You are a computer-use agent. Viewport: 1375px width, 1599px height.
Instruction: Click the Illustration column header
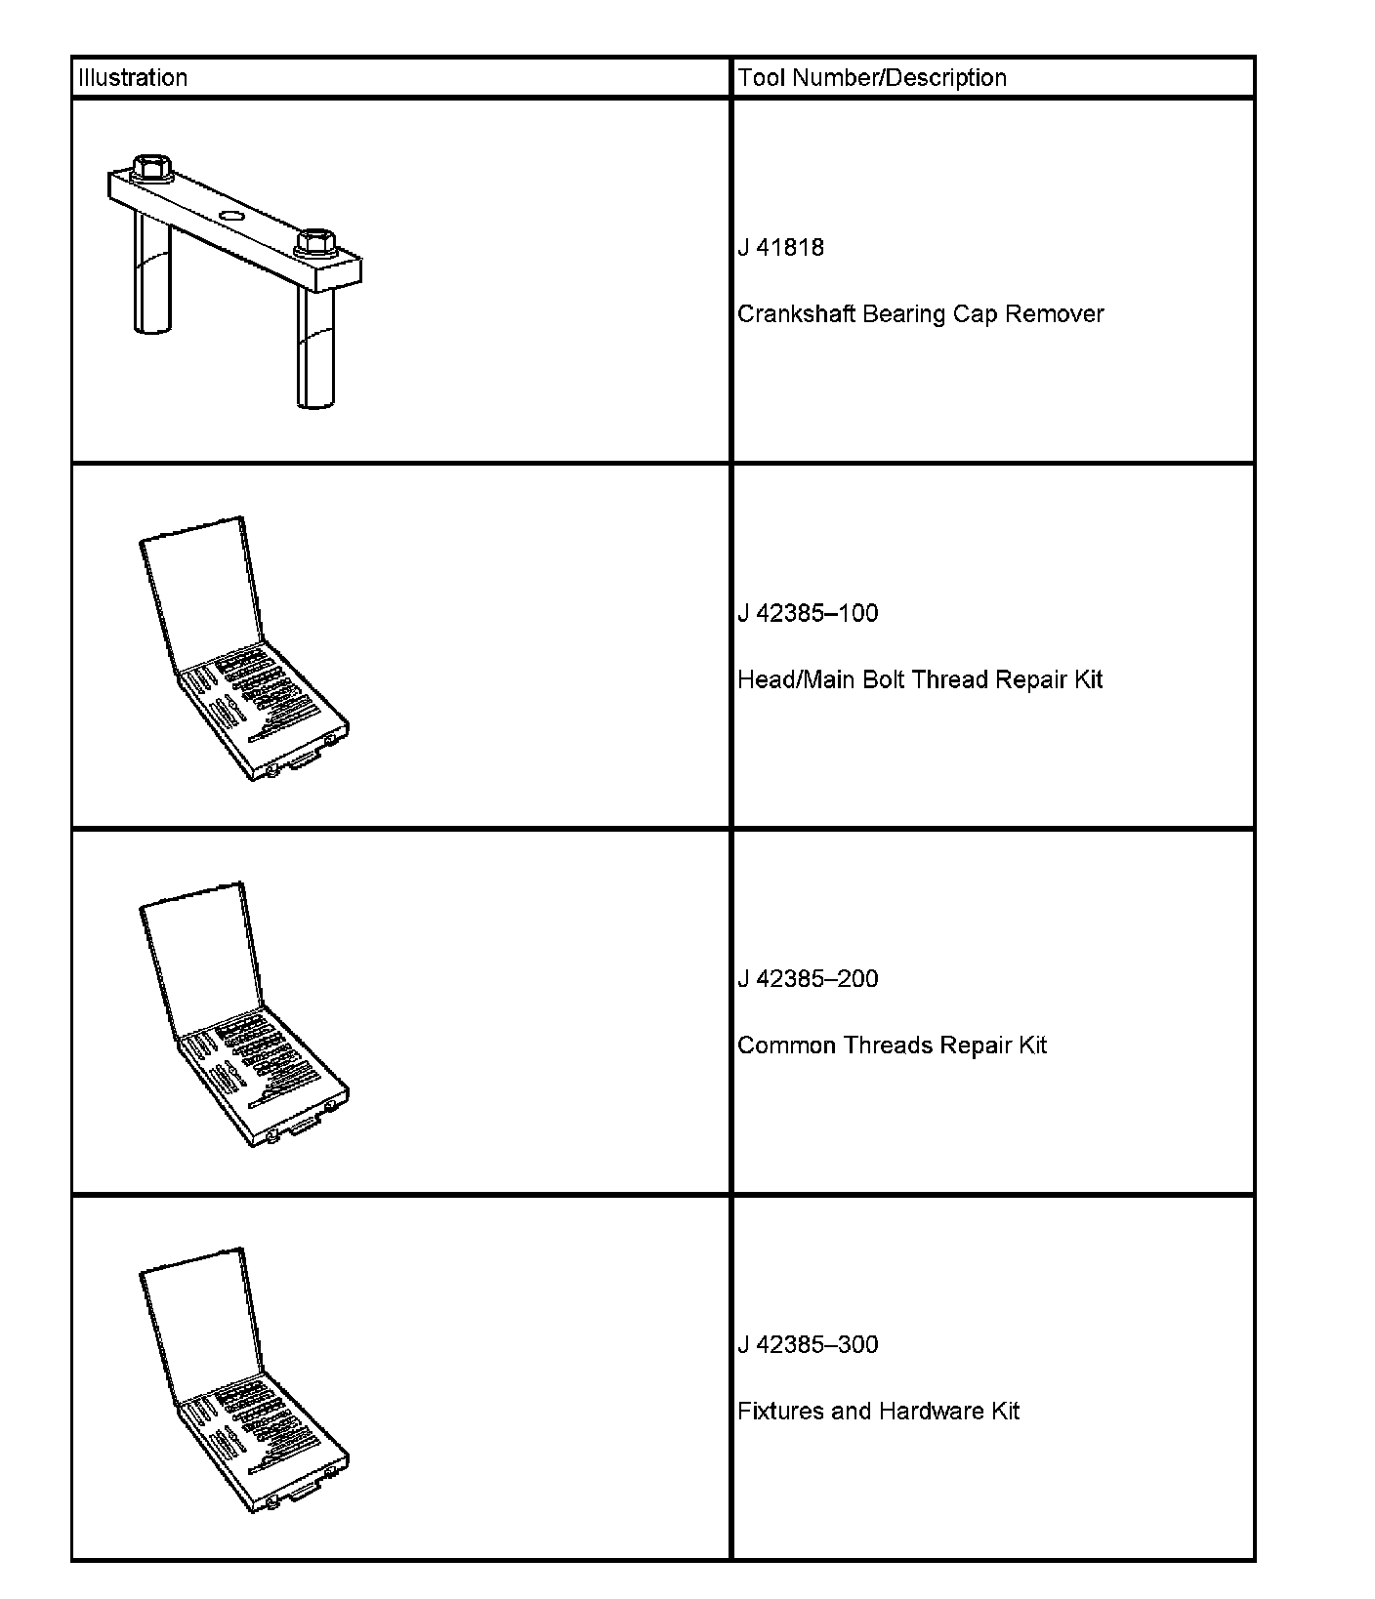pos(133,78)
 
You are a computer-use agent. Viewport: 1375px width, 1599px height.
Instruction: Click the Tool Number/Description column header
pos(872,78)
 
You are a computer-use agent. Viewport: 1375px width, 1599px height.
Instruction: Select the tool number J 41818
pos(780,248)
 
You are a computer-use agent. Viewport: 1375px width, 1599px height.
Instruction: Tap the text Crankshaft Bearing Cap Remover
pos(920,314)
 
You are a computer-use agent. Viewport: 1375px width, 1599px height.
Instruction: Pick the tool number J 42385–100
pos(808,614)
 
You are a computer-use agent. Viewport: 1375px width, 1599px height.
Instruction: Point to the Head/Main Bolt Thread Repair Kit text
pos(919,680)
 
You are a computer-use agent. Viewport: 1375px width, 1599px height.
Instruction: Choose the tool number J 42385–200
pos(808,979)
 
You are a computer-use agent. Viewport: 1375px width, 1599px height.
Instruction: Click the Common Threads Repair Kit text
pos(892,1045)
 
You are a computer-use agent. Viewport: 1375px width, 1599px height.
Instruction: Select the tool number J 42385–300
pos(808,1345)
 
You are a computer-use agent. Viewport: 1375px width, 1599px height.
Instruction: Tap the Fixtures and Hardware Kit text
pos(878,1412)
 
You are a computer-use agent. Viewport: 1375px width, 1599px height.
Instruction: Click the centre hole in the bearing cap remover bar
pos(233,215)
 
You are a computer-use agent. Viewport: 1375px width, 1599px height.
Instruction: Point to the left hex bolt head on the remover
pos(151,168)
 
